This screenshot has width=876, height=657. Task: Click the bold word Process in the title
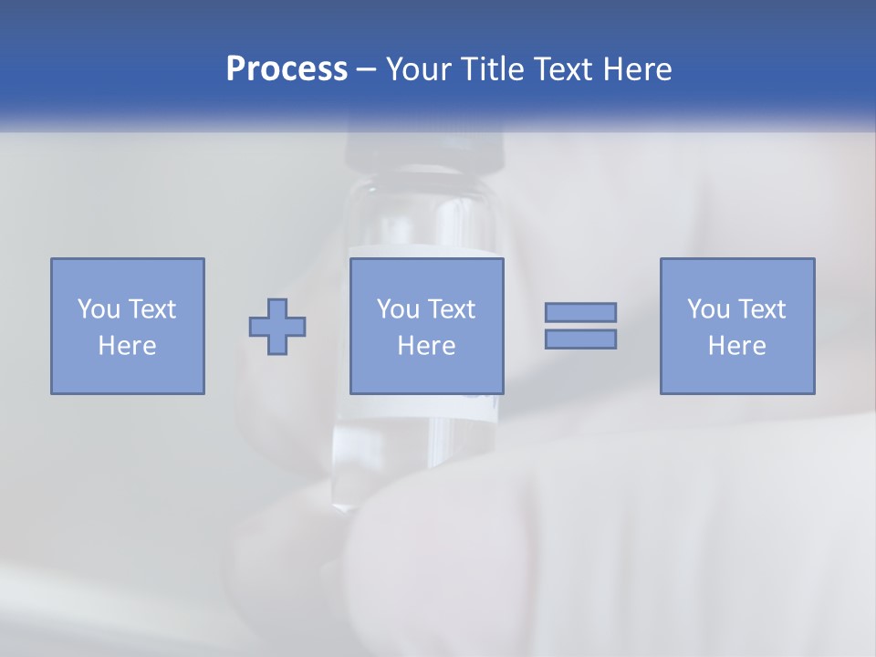tap(287, 69)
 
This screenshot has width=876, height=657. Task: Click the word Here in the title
tap(639, 69)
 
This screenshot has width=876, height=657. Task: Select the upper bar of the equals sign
tap(580, 312)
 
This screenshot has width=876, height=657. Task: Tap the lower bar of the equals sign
tap(580, 339)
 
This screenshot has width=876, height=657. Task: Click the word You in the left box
tap(99, 309)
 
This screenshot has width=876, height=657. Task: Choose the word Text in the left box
tap(151, 309)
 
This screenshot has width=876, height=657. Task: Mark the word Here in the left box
tap(127, 346)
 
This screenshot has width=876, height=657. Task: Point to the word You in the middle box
tap(398, 309)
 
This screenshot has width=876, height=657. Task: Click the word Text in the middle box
tap(451, 309)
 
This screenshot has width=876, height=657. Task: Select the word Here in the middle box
tap(426, 346)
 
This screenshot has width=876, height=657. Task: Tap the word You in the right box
tap(708, 309)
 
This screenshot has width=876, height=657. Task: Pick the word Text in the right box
tap(761, 309)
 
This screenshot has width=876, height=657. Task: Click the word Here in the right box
tap(736, 346)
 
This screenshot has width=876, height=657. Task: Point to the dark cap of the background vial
tap(425, 151)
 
